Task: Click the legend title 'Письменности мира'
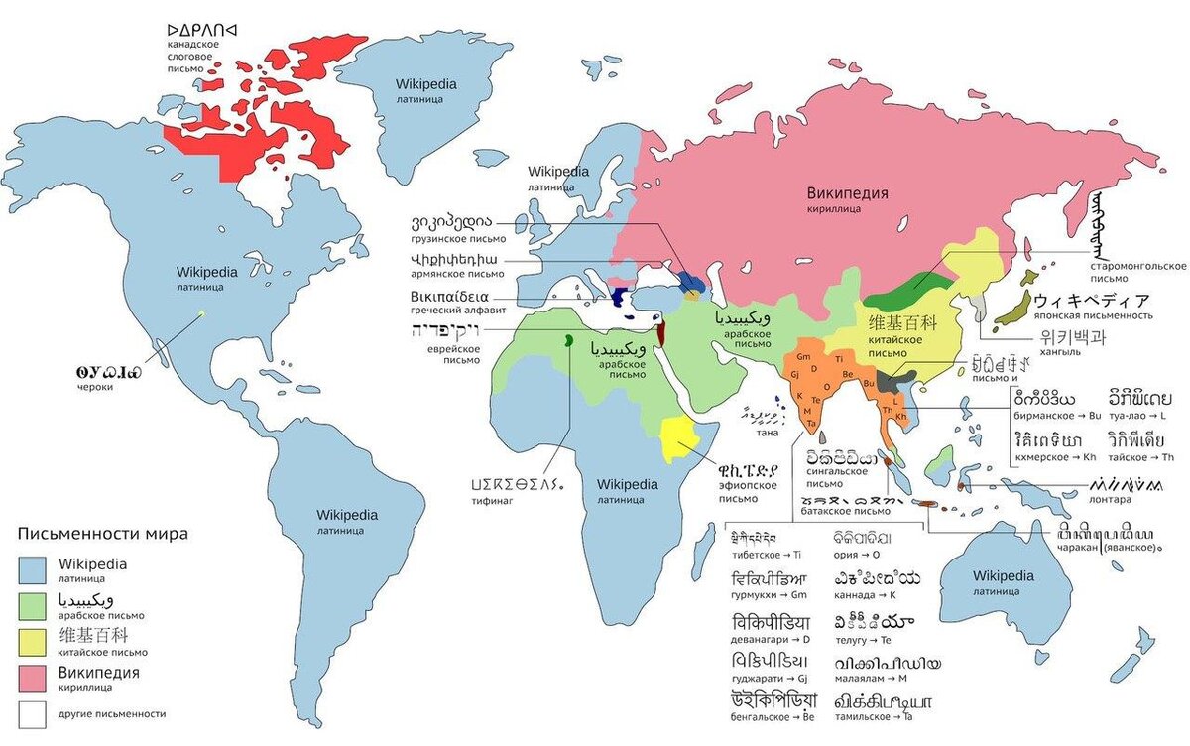click(102, 534)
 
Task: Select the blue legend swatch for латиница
click(33, 568)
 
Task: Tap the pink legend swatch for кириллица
click(33, 678)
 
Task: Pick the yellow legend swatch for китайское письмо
click(33, 641)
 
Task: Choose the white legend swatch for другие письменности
click(33, 713)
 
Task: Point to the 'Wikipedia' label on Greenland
click(425, 84)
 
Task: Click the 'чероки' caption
click(95, 388)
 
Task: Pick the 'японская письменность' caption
click(1096, 315)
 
